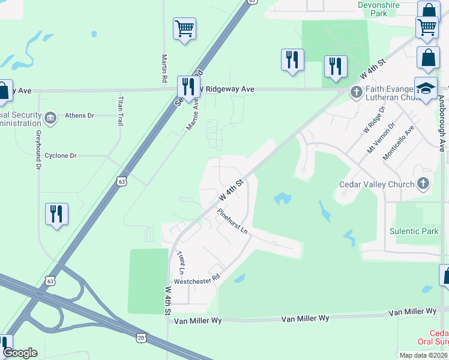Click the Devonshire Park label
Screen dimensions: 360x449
379,8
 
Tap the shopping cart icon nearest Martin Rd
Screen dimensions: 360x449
185,28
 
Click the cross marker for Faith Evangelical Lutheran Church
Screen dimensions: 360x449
356,92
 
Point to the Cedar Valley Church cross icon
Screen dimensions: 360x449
424,184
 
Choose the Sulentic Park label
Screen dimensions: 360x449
414,231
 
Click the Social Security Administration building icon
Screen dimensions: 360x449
50,116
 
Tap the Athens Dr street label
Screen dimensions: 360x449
79,115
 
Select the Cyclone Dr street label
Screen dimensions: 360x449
61,155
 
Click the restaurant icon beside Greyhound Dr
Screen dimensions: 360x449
56,214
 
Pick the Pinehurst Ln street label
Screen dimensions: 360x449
233,221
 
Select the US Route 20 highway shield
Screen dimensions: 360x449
140,338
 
